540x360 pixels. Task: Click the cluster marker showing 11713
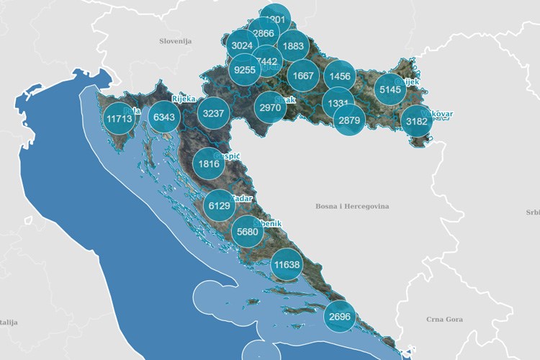tap(118, 118)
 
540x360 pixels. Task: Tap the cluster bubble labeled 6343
tap(164, 117)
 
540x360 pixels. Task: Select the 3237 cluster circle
tap(214, 114)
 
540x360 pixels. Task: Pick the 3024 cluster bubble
tap(242, 45)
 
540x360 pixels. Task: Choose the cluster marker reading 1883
tap(293, 45)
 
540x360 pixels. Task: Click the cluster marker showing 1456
tap(338, 76)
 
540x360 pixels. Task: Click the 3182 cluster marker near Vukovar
tap(417, 121)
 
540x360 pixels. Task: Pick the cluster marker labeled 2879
tap(348, 120)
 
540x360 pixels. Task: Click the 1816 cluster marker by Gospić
tap(209, 163)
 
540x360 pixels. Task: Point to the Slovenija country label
tap(175, 42)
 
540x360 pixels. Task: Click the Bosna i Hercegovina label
tap(352, 207)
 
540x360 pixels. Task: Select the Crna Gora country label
tap(444, 319)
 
